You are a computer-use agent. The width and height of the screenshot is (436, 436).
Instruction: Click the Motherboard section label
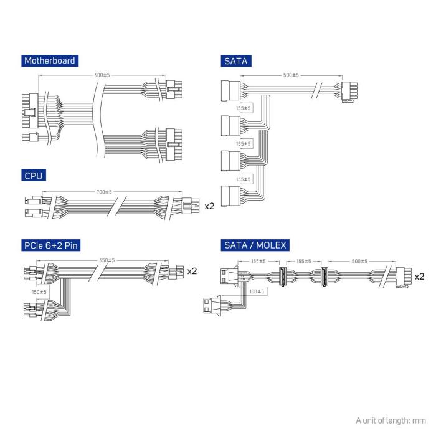coord(49,60)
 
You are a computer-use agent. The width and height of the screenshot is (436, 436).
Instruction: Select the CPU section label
coord(33,176)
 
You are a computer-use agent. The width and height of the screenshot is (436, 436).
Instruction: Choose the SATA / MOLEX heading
coord(254,245)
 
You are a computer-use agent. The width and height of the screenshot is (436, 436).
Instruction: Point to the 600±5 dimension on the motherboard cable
coord(103,75)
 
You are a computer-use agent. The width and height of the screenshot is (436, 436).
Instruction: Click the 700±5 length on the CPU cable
coord(103,192)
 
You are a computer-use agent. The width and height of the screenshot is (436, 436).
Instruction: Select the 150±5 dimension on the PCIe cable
coord(40,291)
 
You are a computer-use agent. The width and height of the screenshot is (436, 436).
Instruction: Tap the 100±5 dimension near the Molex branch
coord(255,291)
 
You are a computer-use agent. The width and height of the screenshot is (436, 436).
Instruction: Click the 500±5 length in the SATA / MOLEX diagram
coord(359,262)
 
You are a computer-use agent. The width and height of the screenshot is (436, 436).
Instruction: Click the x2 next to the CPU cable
coord(209,206)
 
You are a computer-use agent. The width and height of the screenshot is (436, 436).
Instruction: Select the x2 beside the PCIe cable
coord(192,272)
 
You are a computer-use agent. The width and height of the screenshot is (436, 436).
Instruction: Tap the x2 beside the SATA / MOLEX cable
coord(419,276)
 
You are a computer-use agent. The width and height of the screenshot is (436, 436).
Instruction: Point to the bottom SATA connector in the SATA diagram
coord(229,196)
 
